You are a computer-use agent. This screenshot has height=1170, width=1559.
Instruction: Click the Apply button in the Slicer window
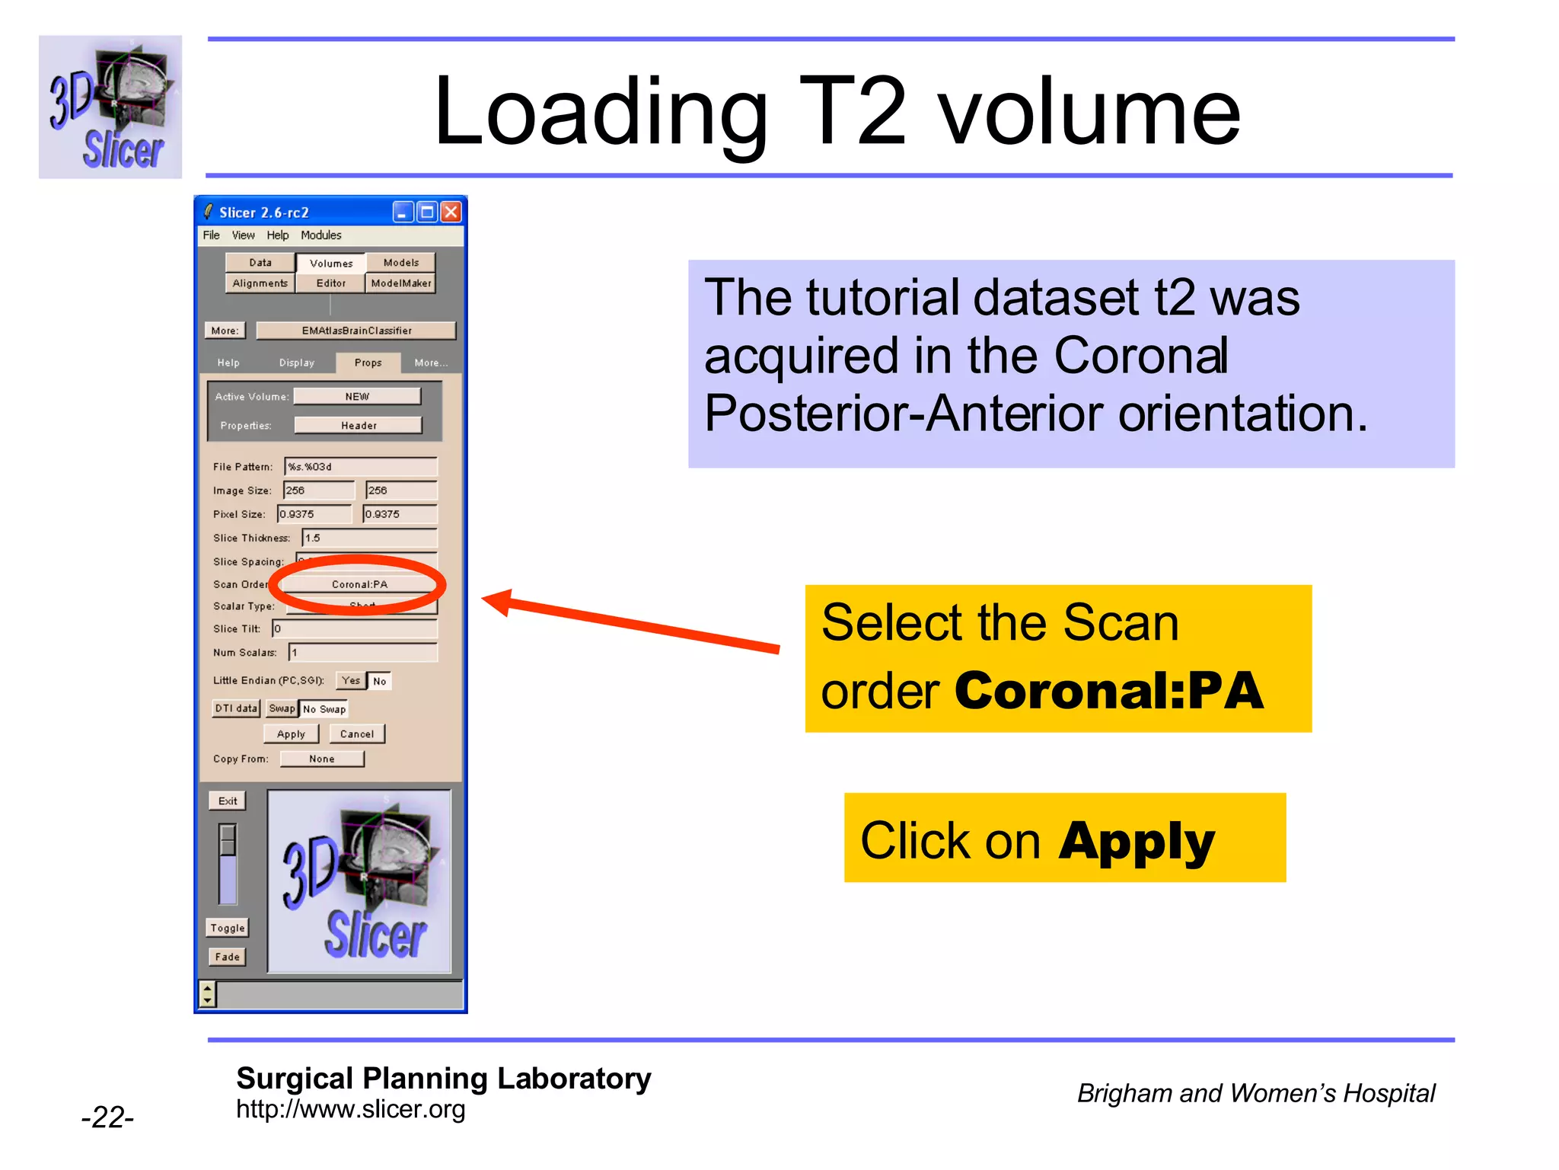click(x=291, y=734)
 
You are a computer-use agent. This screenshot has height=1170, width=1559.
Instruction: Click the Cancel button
click(x=356, y=734)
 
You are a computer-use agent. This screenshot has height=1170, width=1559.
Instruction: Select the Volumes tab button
click(x=331, y=263)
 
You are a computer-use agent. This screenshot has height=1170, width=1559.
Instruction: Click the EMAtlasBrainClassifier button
click(x=356, y=330)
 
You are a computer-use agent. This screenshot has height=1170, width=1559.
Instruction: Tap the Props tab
click(x=368, y=363)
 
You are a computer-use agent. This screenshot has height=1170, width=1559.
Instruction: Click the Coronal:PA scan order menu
click(x=359, y=584)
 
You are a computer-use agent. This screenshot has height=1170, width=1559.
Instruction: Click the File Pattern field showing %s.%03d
click(x=361, y=466)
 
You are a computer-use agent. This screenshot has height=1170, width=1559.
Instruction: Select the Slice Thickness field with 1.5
click(x=370, y=538)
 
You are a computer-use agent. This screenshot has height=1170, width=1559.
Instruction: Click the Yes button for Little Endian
click(x=351, y=680)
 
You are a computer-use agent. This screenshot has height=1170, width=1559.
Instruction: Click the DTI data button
click(x=236, y=708)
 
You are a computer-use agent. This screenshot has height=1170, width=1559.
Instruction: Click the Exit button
click(x=228, y=801)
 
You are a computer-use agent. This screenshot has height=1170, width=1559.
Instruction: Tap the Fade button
click(x=227, y=957)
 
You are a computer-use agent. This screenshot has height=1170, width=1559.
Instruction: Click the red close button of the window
click(x=451, y=212)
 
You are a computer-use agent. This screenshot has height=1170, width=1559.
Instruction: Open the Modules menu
click(x=320, y=235)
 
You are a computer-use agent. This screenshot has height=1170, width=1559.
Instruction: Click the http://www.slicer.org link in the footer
click(x=350, y=1109)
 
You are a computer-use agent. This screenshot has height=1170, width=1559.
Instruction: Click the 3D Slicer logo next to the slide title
click(x=110, y=107)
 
